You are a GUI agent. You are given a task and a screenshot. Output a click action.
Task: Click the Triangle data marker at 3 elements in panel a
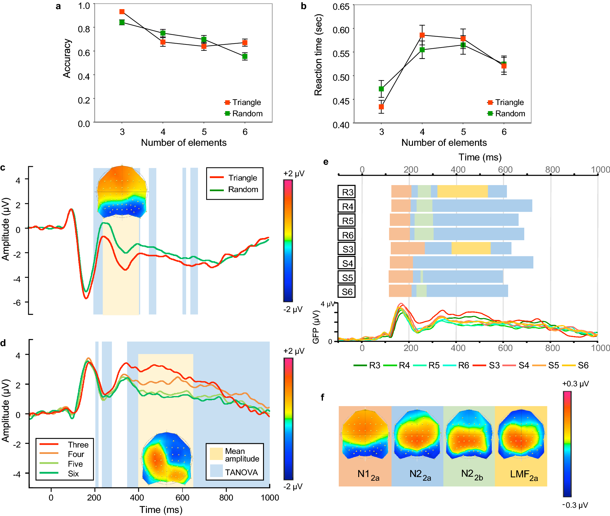122,12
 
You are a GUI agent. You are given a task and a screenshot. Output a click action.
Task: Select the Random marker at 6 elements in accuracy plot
245,56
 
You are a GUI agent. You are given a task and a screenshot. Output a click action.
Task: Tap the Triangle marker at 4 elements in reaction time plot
422,35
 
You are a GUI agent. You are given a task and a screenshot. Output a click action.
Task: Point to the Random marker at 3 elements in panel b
381,89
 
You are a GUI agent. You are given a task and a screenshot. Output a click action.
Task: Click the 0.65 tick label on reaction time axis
341,7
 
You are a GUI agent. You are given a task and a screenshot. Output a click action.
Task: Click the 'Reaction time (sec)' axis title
318,55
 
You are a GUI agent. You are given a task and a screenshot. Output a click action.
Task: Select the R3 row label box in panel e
347,192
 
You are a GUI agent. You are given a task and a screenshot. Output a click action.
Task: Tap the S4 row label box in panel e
347,263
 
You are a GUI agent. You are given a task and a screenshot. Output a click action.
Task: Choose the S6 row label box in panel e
347,292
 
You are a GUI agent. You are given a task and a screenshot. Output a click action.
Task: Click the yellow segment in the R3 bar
462,191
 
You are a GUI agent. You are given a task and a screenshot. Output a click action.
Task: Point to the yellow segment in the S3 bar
471,248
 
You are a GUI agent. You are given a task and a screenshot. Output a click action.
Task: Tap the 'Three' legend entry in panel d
78,445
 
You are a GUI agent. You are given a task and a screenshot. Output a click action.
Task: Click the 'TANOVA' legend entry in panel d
241,472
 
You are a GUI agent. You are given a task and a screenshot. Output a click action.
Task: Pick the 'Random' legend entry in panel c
243,190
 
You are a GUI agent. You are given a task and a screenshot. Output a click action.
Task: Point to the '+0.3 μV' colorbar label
575,384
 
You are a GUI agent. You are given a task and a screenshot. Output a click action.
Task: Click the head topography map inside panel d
167,458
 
